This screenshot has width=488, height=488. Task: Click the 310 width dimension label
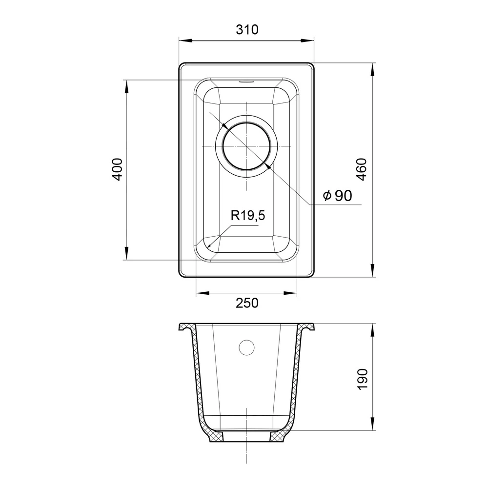[247, 30]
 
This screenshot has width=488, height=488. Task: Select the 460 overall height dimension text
[362, 169]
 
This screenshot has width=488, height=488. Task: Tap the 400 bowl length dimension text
[117, 169]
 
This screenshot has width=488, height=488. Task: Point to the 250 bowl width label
[247, 303]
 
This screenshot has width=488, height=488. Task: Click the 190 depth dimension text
[362, 379]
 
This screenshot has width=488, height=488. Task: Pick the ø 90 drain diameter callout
[337, 196]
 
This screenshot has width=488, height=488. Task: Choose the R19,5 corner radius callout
[248, 215]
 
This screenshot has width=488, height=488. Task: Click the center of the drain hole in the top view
[246, 146]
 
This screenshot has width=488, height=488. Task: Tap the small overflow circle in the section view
[246, 347]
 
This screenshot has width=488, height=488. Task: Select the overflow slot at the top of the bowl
[246, 82]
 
